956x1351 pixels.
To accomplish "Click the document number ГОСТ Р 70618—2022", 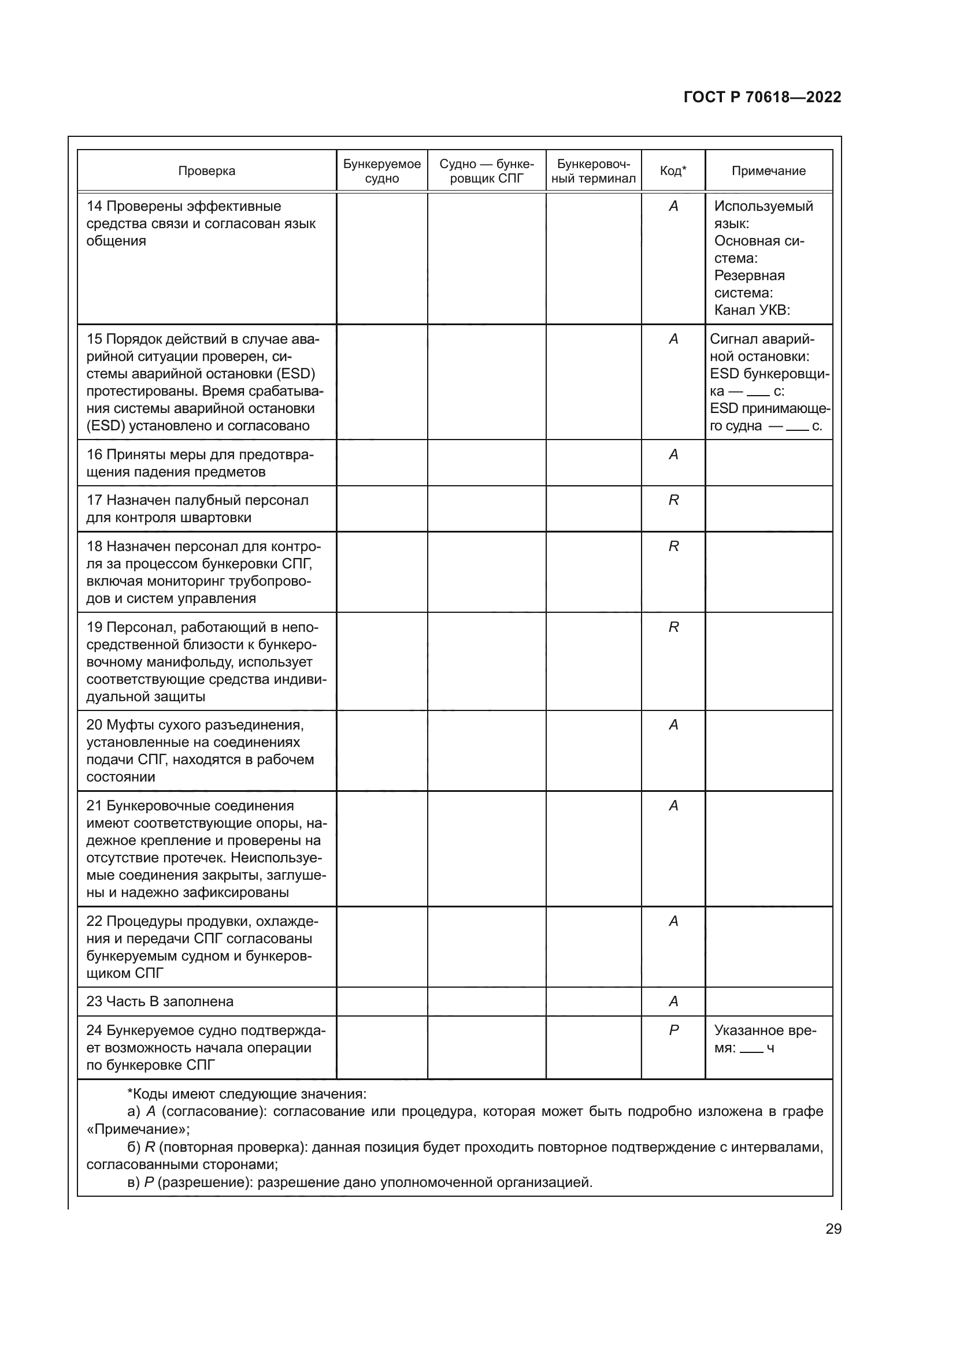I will (762, 98).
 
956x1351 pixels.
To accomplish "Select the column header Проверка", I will (206, 171).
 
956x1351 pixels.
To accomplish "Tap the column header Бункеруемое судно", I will (382, 171).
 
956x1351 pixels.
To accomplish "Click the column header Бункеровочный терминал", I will (594, 171).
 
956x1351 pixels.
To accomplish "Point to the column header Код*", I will (673, 171).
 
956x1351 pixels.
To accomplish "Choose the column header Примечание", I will (768, 171).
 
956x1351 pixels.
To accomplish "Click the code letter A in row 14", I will (673, 207).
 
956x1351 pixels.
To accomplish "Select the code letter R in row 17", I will (673, 500).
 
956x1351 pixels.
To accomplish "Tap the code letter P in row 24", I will (673, 1030).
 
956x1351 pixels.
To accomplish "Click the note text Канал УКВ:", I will (752, 311).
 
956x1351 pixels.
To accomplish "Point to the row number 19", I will (94, 627).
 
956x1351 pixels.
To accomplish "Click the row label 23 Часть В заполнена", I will (160, 1002).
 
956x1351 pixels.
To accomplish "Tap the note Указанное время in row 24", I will (765, 1039).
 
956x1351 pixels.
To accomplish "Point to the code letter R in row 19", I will (673, 627).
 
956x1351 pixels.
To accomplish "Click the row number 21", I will (94, 806).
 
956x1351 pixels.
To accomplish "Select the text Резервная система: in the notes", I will (749, 284).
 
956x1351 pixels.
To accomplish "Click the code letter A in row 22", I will (673, 921).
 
